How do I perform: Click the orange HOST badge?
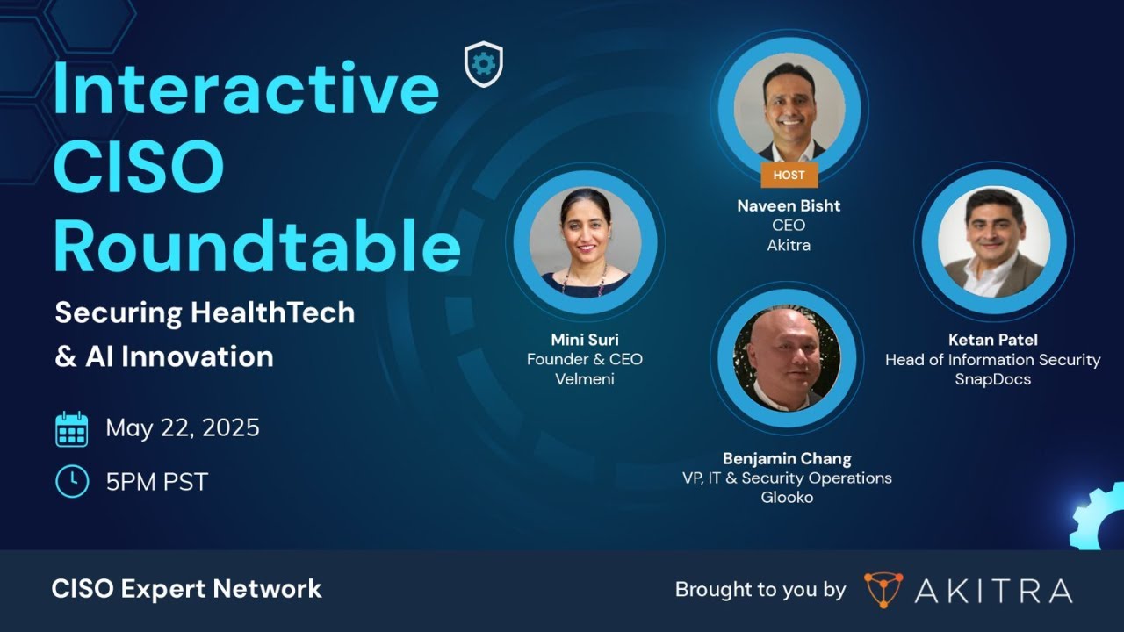[789, 175]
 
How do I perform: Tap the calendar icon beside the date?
[72, 429]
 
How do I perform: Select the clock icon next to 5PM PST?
[72, 481]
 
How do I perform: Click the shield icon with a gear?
[483, 65]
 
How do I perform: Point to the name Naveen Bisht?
[789, 206]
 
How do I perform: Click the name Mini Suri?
[584, 340]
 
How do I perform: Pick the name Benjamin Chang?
[787, 458]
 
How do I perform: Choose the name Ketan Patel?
[992, 340]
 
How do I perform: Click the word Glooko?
[787, 498]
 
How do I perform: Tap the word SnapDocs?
[992, 379]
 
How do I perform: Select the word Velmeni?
[584, 379]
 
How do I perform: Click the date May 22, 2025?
[183, 428]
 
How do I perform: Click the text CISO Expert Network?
[187, 589]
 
